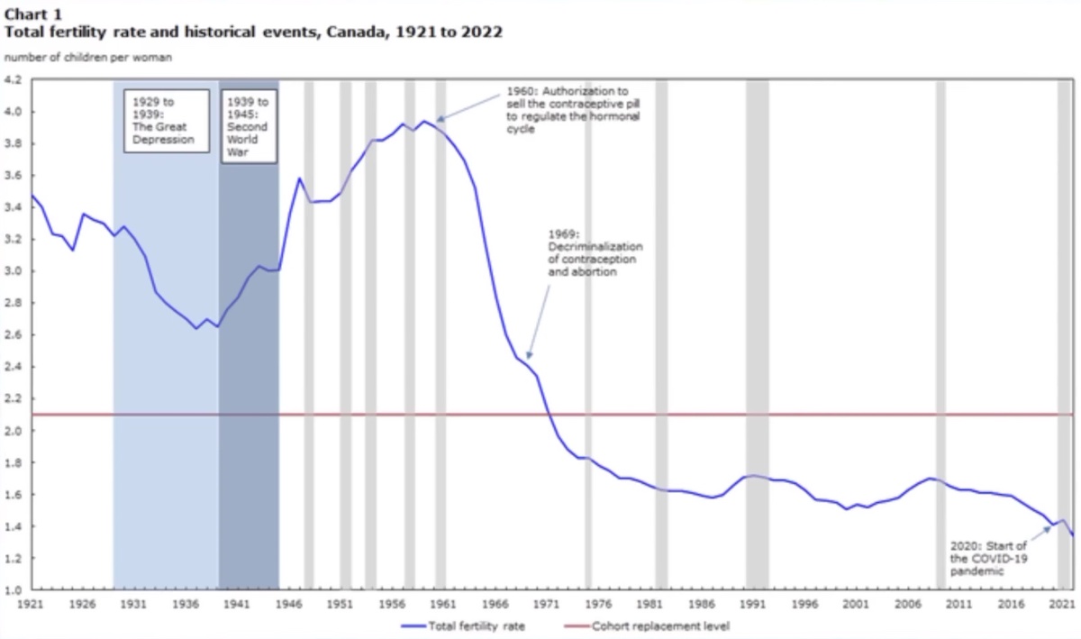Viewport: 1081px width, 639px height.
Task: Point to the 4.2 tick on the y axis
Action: pyautogui.click(x=17, y=80)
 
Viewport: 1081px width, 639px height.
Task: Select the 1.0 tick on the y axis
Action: pyautogui.click(x=17, y=590)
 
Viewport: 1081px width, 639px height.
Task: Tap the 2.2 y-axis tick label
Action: pyautogui.click(x=17, y=398)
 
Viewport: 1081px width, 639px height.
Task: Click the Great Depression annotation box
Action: pyautogui.click(x=166, y=121)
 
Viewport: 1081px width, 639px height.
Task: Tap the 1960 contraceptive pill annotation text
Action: pyautogui.click(x=567, y=110)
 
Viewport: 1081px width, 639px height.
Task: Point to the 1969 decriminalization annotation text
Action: pyautogui.click(x=595, y=252)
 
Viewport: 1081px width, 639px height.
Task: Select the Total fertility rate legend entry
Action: pyautogui.click(x=464, y=625)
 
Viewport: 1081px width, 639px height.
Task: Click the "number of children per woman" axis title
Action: pyautogui.click(x=88, y=58)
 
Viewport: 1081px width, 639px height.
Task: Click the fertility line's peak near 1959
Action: pyautogui.click(x=423, y=121)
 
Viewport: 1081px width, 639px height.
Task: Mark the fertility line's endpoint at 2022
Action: pyautogui.click(x=1073, y=535)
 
